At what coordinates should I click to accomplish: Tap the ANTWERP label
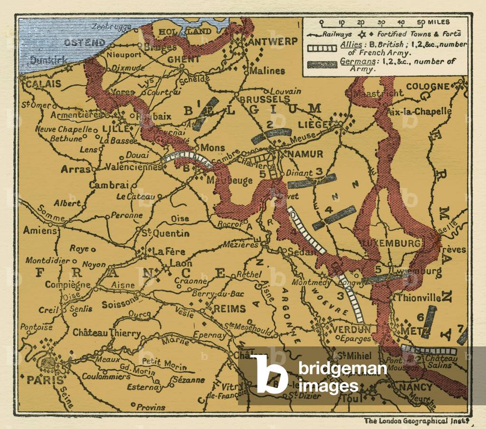(273, 41)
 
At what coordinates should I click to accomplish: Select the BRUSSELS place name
(265, 99)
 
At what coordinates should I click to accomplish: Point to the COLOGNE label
(427, 86)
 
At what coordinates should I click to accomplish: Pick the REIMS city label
(229, 309)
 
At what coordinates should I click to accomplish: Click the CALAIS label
(44, 84)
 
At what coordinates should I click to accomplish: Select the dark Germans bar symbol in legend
(322, 65)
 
